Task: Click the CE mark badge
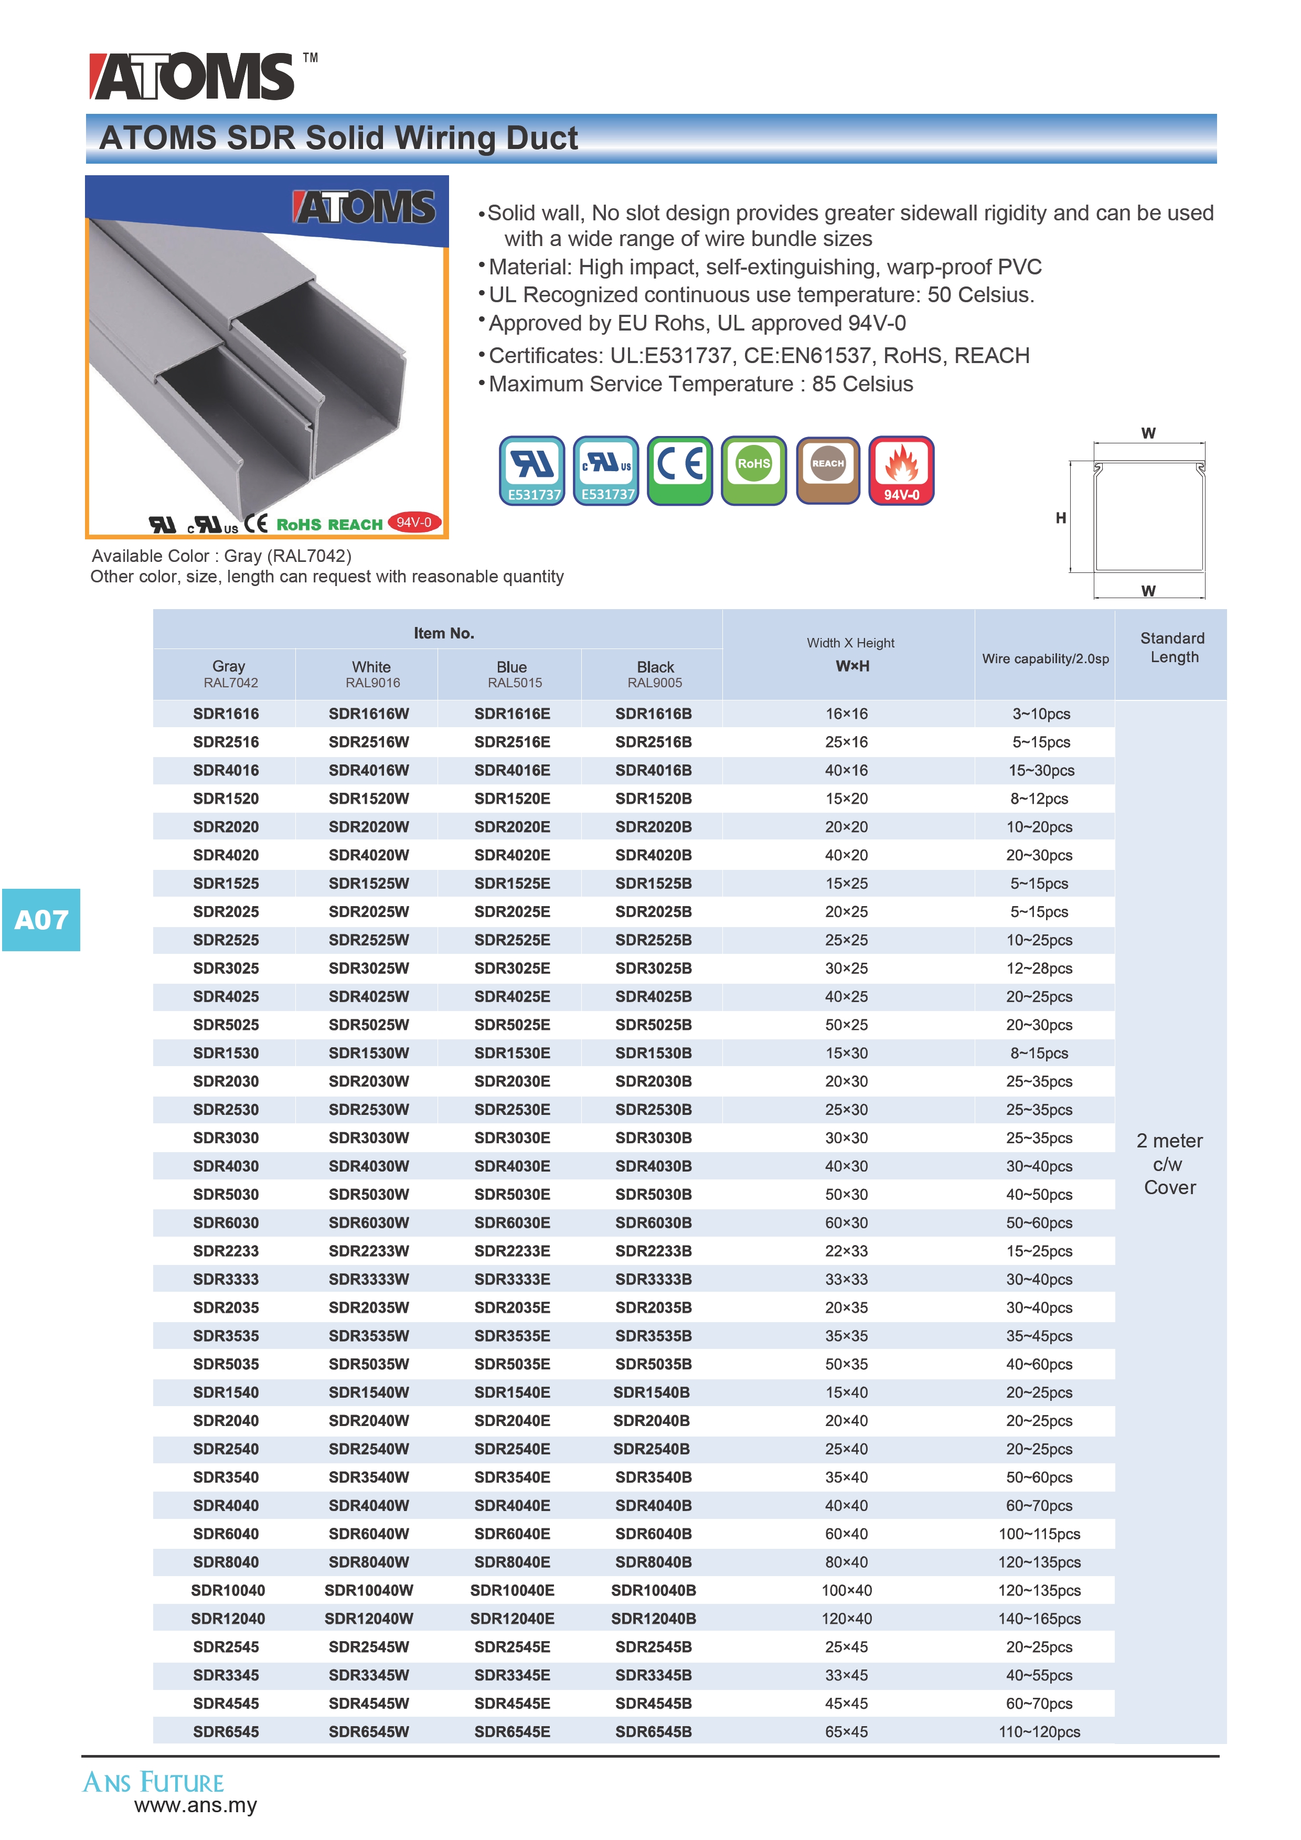pyautogui.click(x=679, y=471)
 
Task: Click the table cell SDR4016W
pyautogui.click(x=368, y=770)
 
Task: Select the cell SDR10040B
pyautogui.click(x=653, y=1590)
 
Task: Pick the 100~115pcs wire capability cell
pyautogui.click(x=1039, y=1534)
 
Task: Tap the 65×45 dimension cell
pyautogui.click(x=846, y=1732)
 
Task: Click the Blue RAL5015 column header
pyautogui.click(x=512, y=674)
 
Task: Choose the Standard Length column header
pyautogui.click(x=1172, y=647)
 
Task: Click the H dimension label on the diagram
pyautogui.click(x=1061, y=518)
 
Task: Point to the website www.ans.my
pyautogui.click(x=196, y=1805)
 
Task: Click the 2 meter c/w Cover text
pyautogui.click(x=1170, y=1164)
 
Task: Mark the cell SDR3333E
pyautogui.click(x=512, y=1279)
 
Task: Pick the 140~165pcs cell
pyautogui.click(x=1039, y=1619)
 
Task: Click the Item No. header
pyautogui.click(x=444, y=633)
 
